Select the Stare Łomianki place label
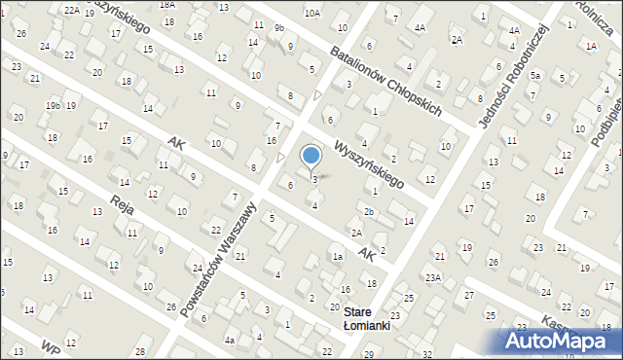(x=366, y=318)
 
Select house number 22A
(x=72, y=9)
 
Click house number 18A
(x=167, y=5)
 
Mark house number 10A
(x=311, y=13)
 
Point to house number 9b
(x=278, y=28)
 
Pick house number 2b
(x=368, y=211)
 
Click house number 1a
(x=337, y=257)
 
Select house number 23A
(x=432, y=277)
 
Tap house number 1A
(x=590, y=46)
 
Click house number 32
(x=426, y=354)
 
